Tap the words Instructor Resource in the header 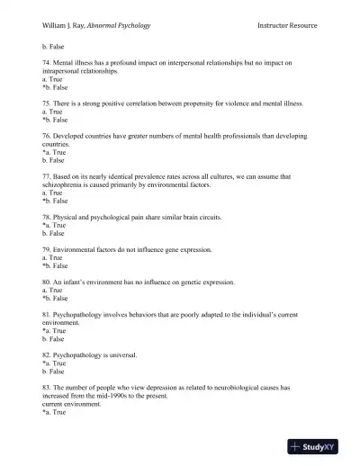[x=286, y=24]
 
